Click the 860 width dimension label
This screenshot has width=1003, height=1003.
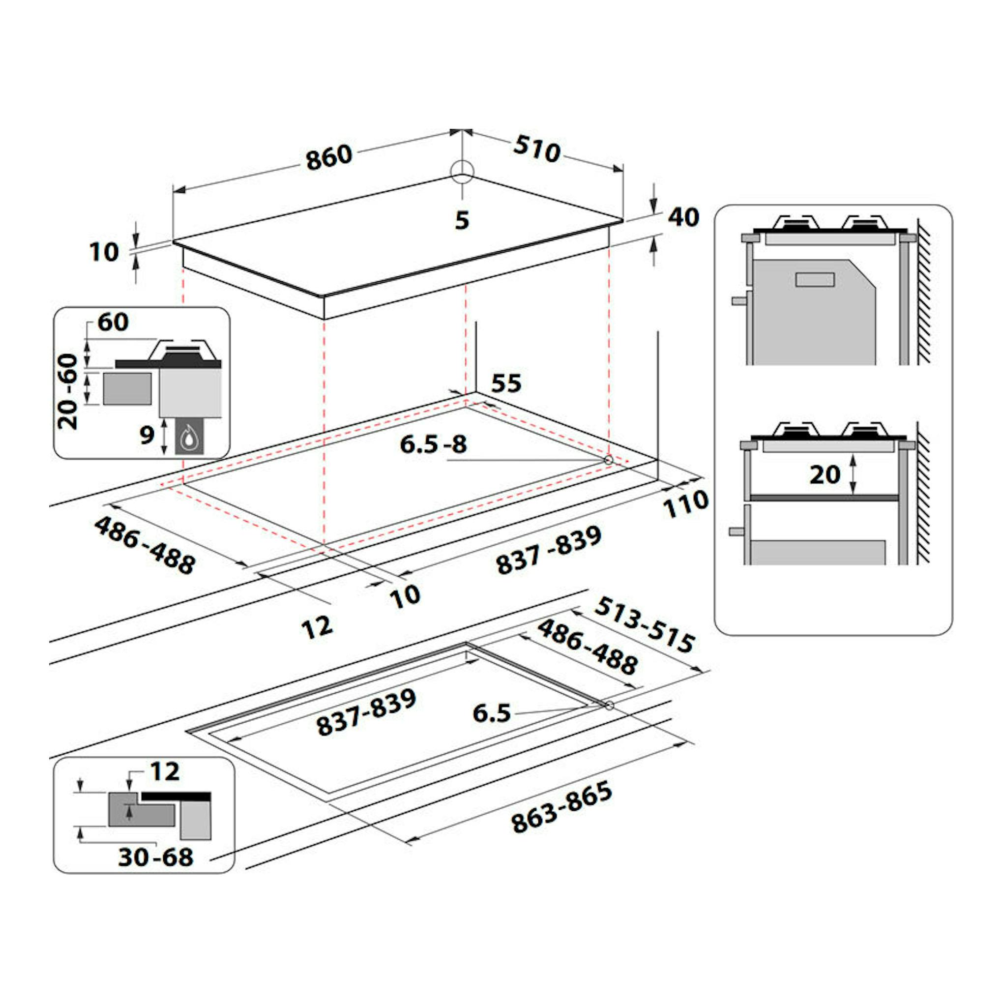click(329, 157)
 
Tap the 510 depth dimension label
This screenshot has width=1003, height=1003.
click(537, 149)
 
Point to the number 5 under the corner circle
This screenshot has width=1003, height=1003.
click(462, 221)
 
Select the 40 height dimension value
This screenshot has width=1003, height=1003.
click(683, 217)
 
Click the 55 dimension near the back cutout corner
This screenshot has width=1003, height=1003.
click(506, 383)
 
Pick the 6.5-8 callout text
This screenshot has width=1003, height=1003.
click(434, 444)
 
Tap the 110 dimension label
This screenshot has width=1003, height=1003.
click(686, 503)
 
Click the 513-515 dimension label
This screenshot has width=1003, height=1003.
click(644, 624)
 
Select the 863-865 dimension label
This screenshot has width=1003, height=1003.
click(561, 807)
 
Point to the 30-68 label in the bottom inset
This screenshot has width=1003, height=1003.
click(156, 857)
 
